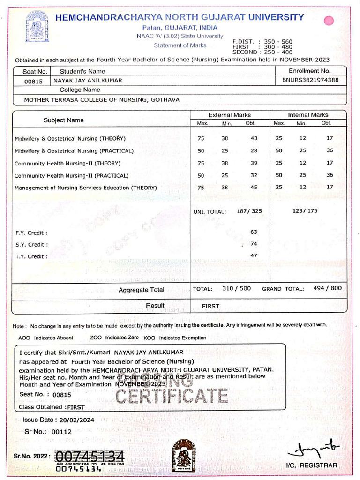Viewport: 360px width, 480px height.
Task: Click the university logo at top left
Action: (x=37, y=27)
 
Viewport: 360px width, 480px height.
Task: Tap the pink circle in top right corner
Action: (x=329, y=21)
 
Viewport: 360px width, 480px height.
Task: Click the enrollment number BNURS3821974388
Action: (x=310, y=80)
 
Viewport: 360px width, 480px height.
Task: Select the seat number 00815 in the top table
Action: (x=33, y=81)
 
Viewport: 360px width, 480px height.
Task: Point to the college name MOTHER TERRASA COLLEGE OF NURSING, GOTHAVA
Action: (x=102, y=99)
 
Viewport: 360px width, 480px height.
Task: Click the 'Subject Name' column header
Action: (x=64, y=120)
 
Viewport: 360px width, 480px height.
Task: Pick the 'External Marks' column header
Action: (x=229, y=115)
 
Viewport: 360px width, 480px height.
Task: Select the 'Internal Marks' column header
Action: (x=308, y=115)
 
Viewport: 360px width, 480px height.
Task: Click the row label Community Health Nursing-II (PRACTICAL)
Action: (x=72, y=175)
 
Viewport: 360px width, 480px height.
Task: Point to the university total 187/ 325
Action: (x=249, y=211)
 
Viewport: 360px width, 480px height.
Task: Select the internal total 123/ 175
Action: (x=305, y=211)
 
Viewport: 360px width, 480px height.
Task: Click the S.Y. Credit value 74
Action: (x=254, y=244)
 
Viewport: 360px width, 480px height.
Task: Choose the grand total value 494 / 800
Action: (x=327, y=288)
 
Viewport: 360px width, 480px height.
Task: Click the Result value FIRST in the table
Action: (x=210, y=306)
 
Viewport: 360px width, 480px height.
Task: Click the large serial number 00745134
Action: (x=90, y=456)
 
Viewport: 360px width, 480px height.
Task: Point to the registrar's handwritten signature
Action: (x=314, y=449)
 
